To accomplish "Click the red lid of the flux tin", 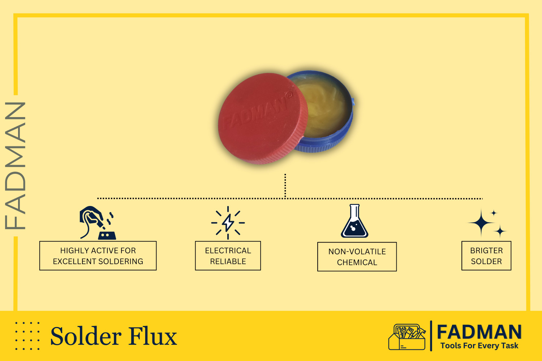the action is point(263,119).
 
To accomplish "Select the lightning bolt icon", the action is point(228,223).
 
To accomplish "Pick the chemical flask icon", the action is point(354,221).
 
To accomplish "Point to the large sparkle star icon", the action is point(481,223).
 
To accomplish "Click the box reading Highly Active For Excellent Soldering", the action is point(98,255).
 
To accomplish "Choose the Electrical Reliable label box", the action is point(228,255).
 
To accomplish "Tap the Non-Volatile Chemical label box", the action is point(357,257).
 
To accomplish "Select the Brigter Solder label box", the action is point(486,255).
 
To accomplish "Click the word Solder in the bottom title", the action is point(86,336).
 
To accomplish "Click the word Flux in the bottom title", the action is point(153,336).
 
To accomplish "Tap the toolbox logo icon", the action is point(407,337).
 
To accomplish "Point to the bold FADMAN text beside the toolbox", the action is point(479,332).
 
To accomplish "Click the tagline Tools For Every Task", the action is point(479,345).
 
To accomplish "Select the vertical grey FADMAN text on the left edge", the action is point(15,166).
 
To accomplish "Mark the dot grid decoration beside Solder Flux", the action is point(27,336).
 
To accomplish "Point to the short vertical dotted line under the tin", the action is point(285,186).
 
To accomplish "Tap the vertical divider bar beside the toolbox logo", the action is point(431,336).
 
